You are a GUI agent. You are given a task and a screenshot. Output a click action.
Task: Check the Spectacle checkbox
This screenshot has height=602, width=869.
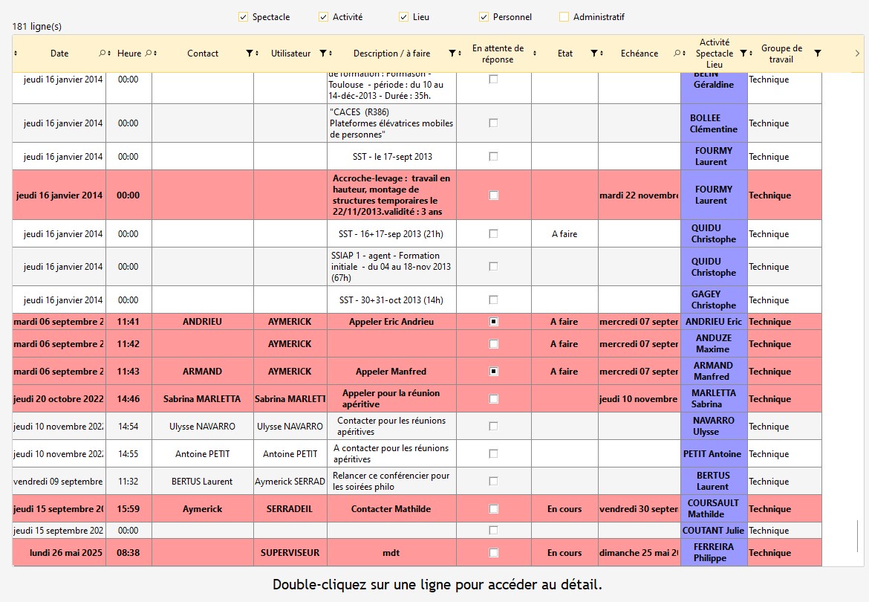(243, 17)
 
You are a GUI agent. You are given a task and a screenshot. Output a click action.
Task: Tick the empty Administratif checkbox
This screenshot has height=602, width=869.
(564, 17)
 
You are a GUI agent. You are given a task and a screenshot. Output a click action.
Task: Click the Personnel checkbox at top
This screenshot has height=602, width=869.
(484, 17)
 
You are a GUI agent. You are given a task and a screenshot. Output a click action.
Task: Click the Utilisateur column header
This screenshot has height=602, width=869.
(290, 54)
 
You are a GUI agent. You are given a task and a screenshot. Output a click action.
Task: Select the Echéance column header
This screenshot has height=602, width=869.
(639, 54)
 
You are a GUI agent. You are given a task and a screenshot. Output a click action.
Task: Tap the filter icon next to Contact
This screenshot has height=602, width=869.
(250, 54)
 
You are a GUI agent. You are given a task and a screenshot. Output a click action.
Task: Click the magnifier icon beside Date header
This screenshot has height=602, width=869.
(102, 54)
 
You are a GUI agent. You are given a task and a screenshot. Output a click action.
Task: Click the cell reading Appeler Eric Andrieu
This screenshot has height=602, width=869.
(391, 322)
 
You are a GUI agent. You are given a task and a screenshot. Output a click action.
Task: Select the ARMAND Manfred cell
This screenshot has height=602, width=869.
(713, 371)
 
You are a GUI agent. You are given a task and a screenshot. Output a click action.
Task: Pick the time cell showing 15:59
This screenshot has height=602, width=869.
(128, 509)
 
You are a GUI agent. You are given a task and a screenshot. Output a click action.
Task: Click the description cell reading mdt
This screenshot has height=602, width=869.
(391, 553)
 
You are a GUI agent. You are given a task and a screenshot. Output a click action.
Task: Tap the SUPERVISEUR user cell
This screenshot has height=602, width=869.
(290, 553)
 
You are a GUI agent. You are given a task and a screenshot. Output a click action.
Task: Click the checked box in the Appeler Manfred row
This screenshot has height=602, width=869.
(493, 372)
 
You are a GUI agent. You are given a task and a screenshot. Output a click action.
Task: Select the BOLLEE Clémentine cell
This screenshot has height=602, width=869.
(713, 123)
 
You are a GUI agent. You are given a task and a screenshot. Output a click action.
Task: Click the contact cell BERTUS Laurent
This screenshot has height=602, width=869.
(203, 482)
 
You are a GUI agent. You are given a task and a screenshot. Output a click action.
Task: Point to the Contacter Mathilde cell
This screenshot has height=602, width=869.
(391, 509)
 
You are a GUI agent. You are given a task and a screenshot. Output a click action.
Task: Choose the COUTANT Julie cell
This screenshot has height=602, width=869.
(713, 531)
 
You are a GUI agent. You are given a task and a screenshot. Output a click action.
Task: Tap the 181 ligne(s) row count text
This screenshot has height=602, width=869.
(37, 27)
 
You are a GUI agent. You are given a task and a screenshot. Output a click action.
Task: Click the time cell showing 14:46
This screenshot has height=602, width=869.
(128, 399)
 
